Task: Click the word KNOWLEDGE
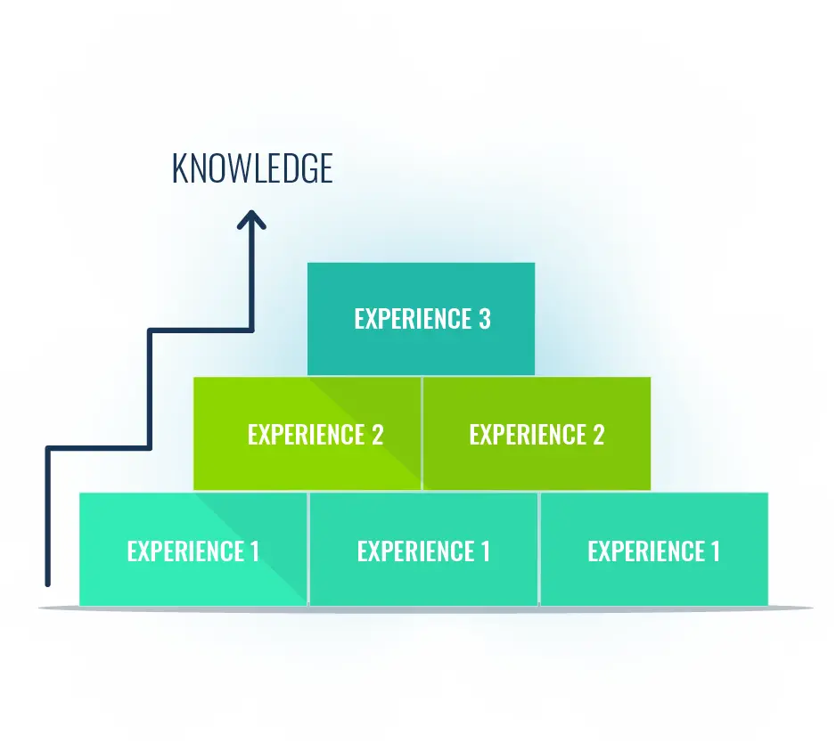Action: coord(252,168)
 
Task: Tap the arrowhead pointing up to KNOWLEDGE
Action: coord(251,219)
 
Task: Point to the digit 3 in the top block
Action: coord(484,319)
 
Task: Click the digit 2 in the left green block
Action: coord(377,435)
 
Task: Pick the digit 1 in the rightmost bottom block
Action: coord(715,551)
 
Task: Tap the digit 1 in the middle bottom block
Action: coord(485,551)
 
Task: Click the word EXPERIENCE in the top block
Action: coord(413,319)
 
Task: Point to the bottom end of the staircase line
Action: coord(48,583)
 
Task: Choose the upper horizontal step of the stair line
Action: coord(201,331)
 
